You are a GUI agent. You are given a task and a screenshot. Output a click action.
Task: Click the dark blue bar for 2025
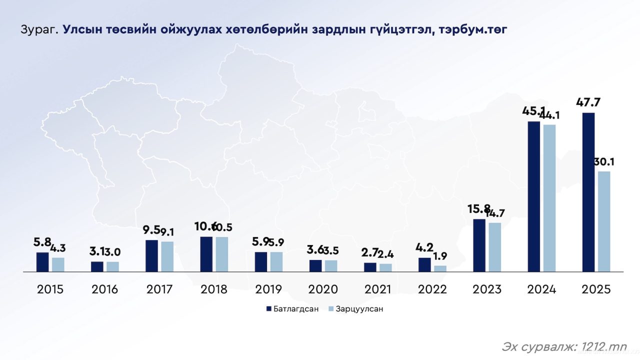(x=588, y=192)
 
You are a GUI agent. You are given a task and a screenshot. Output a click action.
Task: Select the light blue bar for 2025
(x=604, y=221)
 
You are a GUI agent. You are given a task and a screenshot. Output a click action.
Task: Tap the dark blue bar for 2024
(x=534, y=196)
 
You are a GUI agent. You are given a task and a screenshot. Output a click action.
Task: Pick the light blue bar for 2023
(x=494, y=247)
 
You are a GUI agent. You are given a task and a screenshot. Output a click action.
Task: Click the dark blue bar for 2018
(x=206, y=254)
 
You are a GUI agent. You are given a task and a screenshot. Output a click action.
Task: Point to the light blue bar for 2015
(x=58, y=264)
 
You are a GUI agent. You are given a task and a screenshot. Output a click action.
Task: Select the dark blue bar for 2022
(x=424, y=264)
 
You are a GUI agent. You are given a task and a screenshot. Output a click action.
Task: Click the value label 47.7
(x=588, y=103)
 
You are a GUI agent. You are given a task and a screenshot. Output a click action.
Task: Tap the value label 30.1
(x=604, y=162)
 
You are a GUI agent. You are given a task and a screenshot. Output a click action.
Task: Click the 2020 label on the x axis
(x=323, y=289)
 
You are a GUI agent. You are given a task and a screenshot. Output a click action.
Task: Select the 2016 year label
(x=105, y=289)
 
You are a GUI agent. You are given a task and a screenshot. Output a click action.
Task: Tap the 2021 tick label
(x=378, y=289)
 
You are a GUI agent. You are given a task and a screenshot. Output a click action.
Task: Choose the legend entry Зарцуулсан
(x=359, y=308)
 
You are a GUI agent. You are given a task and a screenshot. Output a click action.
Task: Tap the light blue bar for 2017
(x=167, y=256)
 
